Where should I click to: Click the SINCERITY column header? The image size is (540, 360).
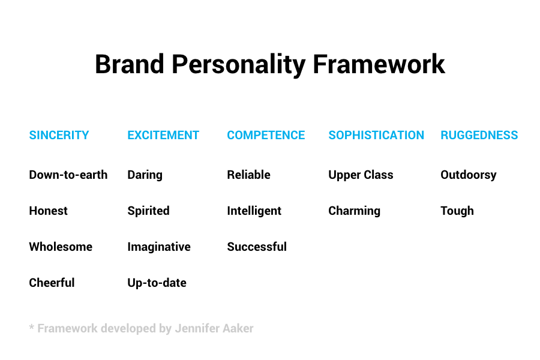point(59,135)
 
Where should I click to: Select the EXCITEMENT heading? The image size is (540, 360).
point(163,135)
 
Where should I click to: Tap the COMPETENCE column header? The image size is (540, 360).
point(266,135)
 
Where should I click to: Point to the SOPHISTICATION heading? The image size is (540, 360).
point(376,135)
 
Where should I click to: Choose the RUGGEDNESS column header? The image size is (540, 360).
point(479,135)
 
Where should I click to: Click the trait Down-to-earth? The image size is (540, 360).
point(68,175)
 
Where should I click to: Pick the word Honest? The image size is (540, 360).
point(48,211)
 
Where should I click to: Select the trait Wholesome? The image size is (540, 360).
point(61,247)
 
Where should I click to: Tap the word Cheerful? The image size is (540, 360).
point(52,283)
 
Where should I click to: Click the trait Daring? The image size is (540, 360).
point(145,175)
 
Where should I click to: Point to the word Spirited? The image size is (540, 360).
point(148,211)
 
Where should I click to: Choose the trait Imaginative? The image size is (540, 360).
point(159,247)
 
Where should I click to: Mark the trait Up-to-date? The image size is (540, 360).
point(157,283)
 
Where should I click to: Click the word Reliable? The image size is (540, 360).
point(248,175)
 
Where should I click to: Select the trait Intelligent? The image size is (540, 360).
point(254,211)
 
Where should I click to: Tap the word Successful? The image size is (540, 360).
point(257,247)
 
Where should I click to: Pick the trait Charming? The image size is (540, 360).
point(355,211)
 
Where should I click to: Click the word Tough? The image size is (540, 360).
point(457,211)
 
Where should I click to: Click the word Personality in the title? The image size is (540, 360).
point(238,65)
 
